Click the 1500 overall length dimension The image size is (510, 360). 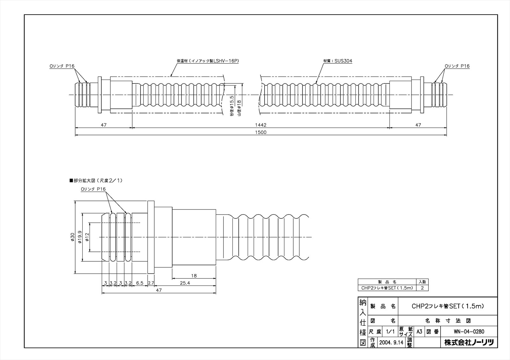(x=260, y=132)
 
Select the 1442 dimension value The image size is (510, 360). (x=260, y=125)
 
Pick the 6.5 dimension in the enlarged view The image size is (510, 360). (x=139, y=283)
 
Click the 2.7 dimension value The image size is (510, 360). (x=151, y=283)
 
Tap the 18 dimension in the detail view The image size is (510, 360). (x=194, y=275)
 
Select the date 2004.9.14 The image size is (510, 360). (x=391, y=342)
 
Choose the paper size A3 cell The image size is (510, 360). (x=419, y=332)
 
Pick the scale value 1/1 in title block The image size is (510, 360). (x=390, y=332)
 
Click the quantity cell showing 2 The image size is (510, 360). (x=422, y=288)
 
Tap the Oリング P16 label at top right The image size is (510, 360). (x=457, y=66)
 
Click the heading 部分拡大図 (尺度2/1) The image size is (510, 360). (x=96, y=180)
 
